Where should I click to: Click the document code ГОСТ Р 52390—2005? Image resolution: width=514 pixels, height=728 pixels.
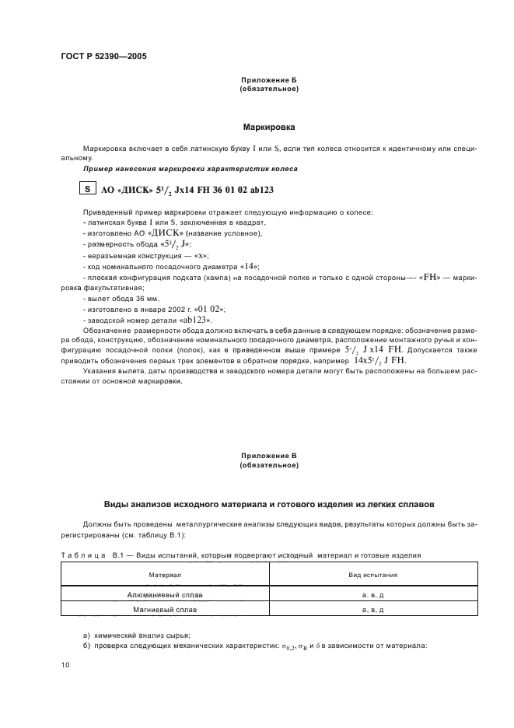pyautogui.click(x=103, y=57)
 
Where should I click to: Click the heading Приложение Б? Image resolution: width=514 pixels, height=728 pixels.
pyautogui.click(x=269, y=81)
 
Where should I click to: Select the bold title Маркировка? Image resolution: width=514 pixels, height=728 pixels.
pyautogui.click(x=269, y=126)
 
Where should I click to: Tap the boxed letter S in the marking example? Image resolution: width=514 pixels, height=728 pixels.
pyautogui.click(x=88, y=188)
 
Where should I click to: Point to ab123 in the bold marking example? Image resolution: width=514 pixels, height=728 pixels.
pyautogui.click(x=263, y=189)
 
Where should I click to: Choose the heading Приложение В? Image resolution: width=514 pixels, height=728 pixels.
pyautogui.click(x=269, y=455)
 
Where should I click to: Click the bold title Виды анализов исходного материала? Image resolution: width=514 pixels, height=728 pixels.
pyautogui.click(x=269, y=504)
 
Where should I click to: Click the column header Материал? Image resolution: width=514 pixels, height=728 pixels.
pyautogui.click(x=165, y=575)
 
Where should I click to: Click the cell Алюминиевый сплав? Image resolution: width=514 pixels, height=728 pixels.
pyautogui.click(x=165, y=594)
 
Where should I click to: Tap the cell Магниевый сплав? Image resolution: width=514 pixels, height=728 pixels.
pyautogui.click(x=165, y=610)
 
